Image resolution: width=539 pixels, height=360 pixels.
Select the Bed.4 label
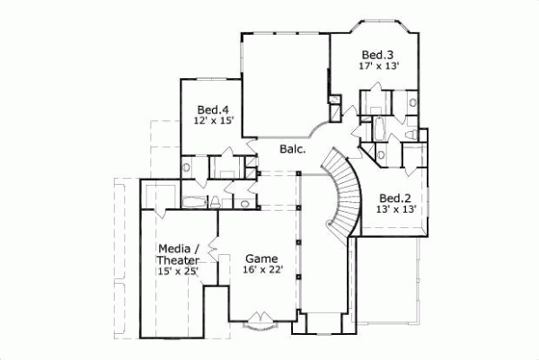click(211, 110)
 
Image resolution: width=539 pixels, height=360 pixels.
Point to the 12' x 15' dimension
click(213, 122)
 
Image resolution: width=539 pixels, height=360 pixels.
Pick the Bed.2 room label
click(394, 198)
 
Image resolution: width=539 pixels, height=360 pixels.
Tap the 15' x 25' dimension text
click(177, 271)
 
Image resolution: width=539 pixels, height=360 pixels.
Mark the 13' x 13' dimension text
click(396, 210)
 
